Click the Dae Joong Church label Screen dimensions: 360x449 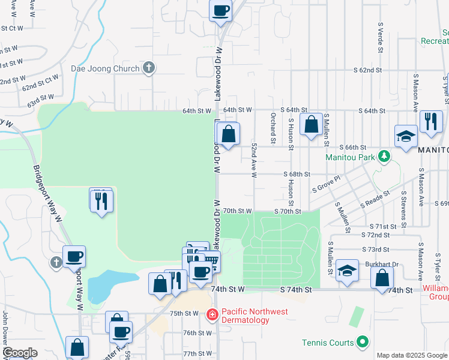105,68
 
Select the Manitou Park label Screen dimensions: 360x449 350,157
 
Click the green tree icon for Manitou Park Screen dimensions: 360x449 384,157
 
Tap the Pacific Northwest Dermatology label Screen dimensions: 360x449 255,316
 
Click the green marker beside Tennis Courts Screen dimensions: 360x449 362,343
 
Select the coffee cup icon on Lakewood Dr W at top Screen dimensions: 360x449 220,10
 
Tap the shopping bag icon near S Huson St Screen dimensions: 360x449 311,125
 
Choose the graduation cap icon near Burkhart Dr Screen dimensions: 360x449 347,270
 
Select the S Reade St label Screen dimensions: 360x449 375,200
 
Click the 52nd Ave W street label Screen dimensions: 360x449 254,160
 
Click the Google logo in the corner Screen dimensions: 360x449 20,353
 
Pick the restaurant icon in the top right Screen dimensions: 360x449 430,122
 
